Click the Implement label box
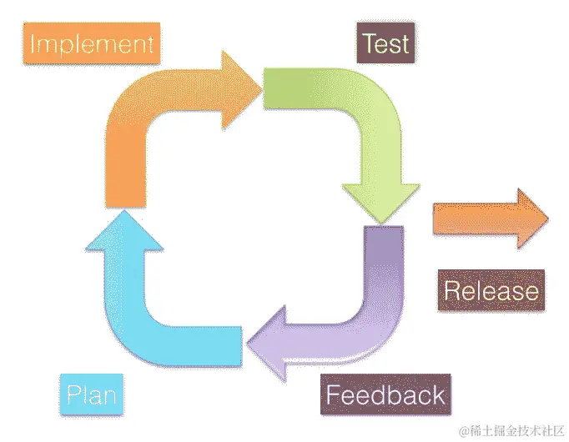tap(92, 43)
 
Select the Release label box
tap(491, 290)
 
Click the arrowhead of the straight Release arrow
tap(534, 218)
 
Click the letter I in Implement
tap(33, 43)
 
